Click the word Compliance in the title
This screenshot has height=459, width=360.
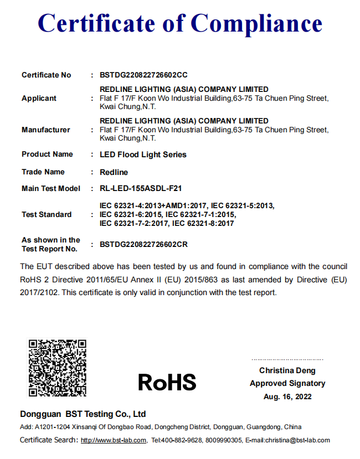pos(256,23)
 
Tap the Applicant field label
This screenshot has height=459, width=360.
pos(39,98)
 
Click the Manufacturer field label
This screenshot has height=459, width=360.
pos(46,130)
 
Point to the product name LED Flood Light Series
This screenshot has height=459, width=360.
pos(143,154)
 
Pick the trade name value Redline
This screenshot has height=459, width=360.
pos(114,172)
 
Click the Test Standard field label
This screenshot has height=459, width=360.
pos(47,214)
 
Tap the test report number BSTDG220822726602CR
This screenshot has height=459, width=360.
pos(143,244)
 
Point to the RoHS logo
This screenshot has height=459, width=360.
pos(167,382)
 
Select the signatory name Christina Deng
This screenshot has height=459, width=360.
pos(287,370)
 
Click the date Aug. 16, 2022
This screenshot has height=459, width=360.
pos(287,396)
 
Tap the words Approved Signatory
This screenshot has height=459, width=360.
pos(287,383)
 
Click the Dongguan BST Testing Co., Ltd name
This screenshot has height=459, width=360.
pos(83,414)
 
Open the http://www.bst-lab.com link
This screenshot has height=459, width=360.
pos(114,441)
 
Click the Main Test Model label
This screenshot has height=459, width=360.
pos(51,188)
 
